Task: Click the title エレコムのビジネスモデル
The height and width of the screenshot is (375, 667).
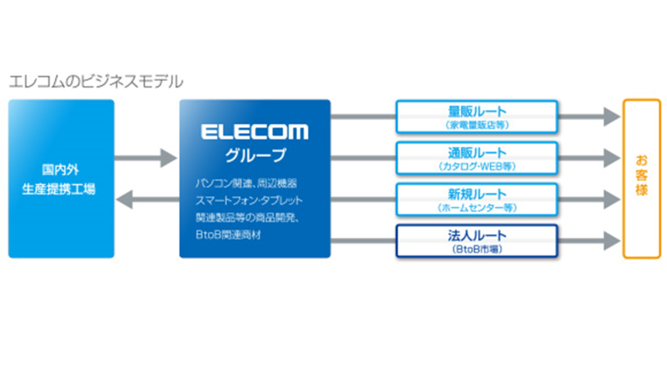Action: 96,82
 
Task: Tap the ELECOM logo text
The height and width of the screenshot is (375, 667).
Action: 254,132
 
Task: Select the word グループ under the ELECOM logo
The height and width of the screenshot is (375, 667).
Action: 255,155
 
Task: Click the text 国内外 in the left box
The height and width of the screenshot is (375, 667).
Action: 60,170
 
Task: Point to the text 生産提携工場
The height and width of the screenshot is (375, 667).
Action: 59,189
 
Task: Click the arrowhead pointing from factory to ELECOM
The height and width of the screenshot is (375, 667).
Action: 169,158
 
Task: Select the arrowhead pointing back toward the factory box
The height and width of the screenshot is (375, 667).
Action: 124,199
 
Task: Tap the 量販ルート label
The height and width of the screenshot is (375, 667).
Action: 477,111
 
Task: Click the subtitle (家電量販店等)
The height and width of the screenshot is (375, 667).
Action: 477,125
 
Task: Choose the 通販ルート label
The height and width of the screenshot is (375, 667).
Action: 477,153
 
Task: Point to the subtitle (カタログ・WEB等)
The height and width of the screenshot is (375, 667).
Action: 477,166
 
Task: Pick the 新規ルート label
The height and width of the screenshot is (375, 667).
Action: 477,194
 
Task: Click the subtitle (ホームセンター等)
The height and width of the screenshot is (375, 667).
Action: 477,208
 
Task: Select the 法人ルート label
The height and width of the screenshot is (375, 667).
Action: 477,235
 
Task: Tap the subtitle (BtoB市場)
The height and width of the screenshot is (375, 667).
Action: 477,249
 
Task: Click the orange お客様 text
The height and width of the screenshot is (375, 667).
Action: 642,175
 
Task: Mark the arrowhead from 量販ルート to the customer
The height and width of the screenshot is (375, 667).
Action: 612,117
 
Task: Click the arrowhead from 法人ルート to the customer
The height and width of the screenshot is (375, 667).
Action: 612,241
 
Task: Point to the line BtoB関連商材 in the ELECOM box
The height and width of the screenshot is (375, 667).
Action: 228,235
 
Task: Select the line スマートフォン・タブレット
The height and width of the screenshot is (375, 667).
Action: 249,200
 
